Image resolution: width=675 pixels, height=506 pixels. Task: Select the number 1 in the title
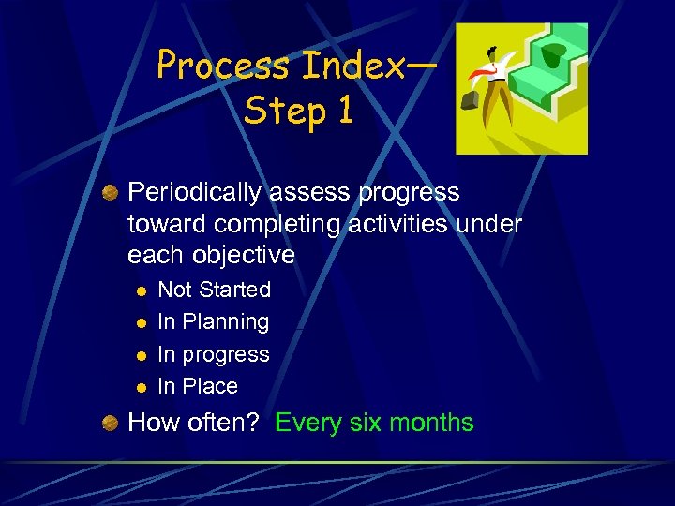tap(344, 112)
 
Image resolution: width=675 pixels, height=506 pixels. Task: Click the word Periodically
tap(195, 193)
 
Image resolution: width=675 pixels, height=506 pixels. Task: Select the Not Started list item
tap(214, 290)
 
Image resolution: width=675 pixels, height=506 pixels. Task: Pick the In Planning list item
tap(213, 321)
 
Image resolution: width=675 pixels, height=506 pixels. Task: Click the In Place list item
tap(198, 385)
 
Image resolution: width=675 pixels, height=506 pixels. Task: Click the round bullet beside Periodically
tap(110, 192)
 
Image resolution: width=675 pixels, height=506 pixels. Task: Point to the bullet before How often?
tap(110, 423)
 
